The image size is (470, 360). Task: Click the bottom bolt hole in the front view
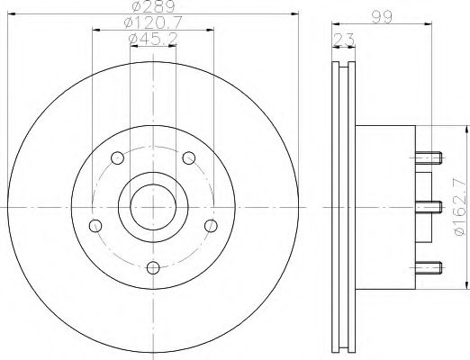tap(152, 266)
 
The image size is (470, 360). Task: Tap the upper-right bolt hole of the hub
tap(188, 158)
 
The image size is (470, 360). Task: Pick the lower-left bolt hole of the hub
tap(94, 225)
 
